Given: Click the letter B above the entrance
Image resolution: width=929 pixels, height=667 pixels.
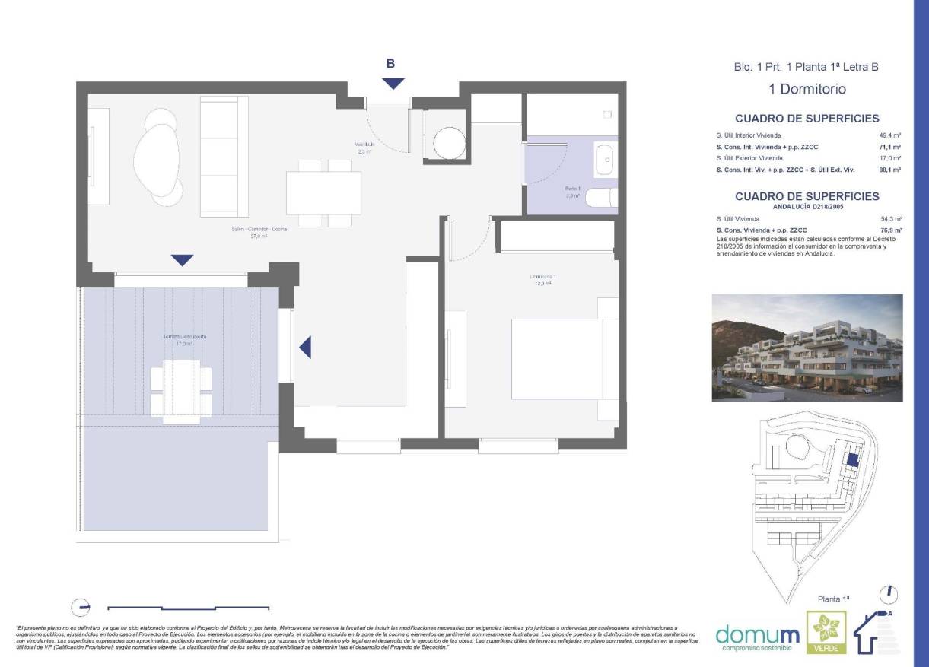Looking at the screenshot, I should [390, 64].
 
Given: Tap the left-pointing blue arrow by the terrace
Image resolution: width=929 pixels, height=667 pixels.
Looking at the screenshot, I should [305, 348].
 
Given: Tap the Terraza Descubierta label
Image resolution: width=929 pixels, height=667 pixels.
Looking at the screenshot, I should [183, 339].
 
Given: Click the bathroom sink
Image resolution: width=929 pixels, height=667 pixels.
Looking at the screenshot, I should [605, 159].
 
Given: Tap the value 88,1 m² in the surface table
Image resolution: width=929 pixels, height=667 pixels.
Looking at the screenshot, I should [890, 170].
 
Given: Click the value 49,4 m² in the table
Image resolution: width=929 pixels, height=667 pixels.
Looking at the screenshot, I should [890, 135].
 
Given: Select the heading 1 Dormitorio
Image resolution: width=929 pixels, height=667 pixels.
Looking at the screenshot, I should [807, 89].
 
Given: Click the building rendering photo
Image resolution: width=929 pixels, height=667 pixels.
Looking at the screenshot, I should [807, 348].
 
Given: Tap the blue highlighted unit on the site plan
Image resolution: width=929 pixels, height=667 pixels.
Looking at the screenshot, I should [854, 459].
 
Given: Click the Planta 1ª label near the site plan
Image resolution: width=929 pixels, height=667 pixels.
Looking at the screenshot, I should [833, 599].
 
